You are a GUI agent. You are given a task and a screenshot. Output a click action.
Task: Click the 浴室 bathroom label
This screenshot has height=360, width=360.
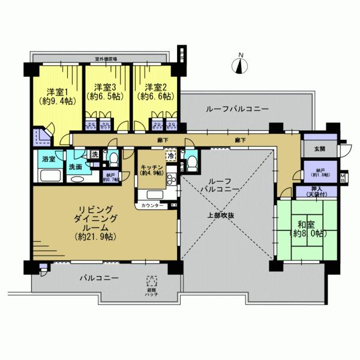point(48,159)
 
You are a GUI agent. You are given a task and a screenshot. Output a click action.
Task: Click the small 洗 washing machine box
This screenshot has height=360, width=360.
point(95,155)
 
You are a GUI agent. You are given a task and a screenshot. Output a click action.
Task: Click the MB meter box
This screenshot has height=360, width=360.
point(343,178)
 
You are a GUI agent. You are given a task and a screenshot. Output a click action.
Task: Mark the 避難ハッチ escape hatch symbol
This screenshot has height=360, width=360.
point(152,281)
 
